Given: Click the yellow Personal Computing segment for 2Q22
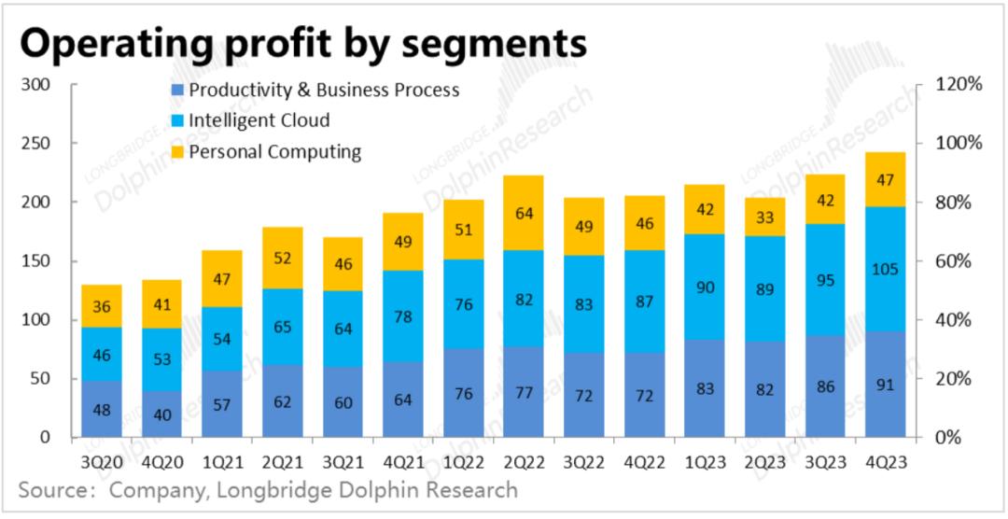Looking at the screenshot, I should [524, 213].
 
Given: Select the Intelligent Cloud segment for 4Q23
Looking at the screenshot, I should [886, 269].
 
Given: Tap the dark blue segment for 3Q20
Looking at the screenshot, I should [101, 409].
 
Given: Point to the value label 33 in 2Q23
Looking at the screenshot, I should [765, 217].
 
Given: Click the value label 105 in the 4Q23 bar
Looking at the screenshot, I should [886, 270].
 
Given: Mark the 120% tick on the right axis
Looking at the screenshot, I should [958, 85].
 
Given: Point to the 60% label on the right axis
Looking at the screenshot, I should [954, 261].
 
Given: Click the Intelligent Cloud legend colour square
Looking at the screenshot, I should [177, 121].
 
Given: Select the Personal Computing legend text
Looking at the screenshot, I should [274, 151].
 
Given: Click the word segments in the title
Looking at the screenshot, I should [493, 42].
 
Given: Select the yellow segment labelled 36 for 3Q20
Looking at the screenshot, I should [101, 306].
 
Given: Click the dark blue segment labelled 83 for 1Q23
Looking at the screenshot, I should [705, 388].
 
